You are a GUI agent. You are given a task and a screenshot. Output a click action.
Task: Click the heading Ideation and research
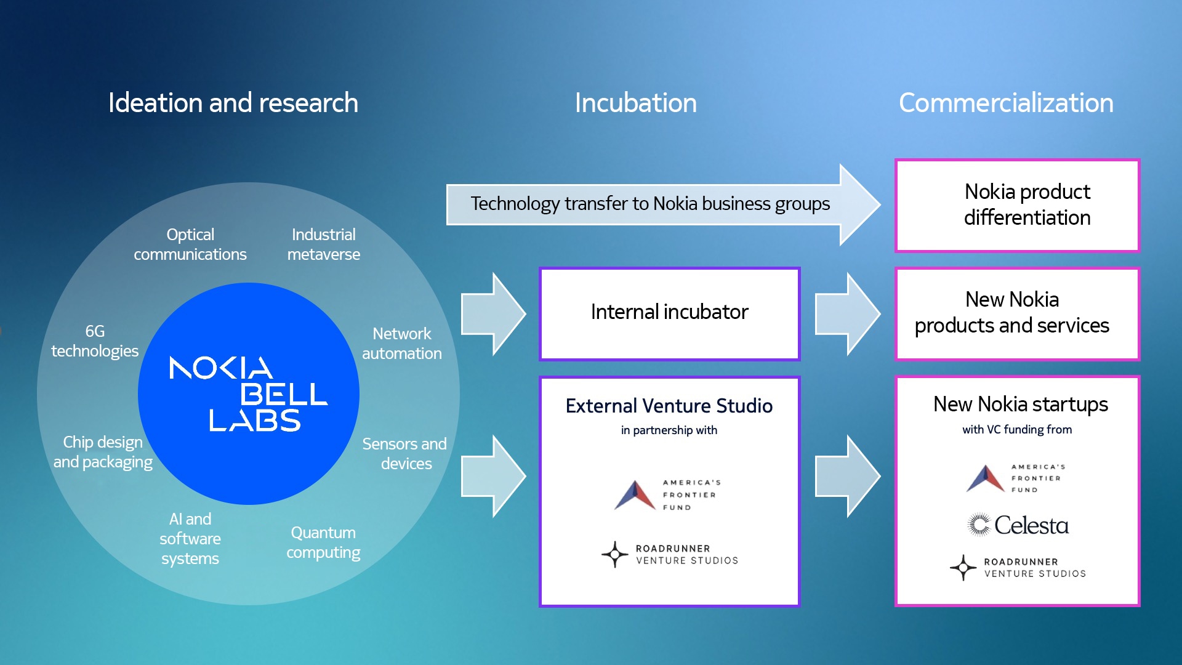[233, 103]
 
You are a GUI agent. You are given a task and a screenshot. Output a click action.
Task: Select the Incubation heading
[635, 103]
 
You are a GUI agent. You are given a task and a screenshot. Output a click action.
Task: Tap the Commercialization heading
[1006, 103]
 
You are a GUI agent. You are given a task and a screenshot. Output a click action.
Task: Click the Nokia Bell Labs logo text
[249, 394]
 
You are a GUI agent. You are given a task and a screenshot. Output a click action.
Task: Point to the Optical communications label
[190, 244]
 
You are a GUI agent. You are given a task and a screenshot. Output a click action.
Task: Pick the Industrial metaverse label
[323, 244]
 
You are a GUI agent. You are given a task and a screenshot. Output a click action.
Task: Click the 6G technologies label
[94, 341]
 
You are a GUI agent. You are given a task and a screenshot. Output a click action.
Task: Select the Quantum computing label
[323, 542]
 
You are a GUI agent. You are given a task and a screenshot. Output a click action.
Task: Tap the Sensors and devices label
[404, 454]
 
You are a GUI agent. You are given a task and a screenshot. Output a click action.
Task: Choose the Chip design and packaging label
[103, 452]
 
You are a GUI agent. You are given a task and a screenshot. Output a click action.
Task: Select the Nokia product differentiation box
[1017, 205]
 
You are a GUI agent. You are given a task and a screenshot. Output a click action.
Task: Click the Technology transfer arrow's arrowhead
[860, 204]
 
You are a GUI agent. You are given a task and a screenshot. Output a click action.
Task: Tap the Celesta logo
[1018, 525]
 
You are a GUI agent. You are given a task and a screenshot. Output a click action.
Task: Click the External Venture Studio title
[669, 406]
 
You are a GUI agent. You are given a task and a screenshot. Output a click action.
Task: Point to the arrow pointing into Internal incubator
[494, 313]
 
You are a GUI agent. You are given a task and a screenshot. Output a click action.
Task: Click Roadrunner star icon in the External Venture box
[614, 554]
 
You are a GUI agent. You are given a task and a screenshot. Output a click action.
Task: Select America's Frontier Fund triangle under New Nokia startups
[985, 478]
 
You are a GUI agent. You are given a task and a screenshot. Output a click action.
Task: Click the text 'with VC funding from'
[1017, 430]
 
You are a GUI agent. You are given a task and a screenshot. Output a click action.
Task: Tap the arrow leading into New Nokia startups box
[848, 476]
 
